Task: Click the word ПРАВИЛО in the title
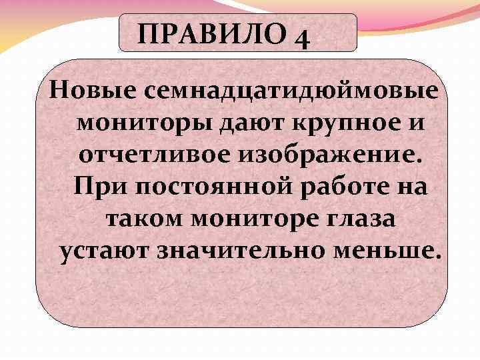[x=207, y=33]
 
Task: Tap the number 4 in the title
[x=301, y=36]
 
